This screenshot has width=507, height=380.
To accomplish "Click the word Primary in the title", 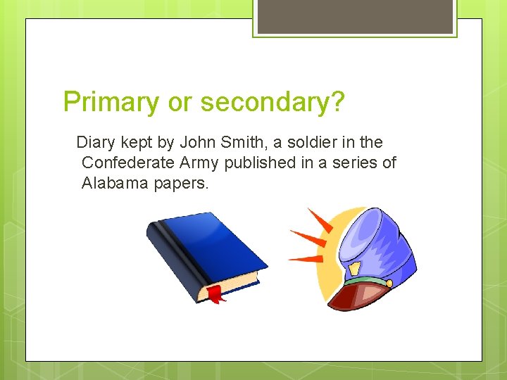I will pos(111,103).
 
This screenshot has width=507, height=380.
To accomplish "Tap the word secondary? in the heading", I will pos(273,103).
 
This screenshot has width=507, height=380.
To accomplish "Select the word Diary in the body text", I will pos(95,143).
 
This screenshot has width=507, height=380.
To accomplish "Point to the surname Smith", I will pos(242,143).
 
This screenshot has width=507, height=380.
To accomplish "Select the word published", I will pos(260,163).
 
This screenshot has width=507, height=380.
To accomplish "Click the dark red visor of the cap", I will pos(356,296).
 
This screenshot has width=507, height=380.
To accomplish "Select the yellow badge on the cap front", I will pos(355,269).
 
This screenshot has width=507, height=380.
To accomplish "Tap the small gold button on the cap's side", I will pos(388,281).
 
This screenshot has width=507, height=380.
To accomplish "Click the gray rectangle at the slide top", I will pos(355,15).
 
